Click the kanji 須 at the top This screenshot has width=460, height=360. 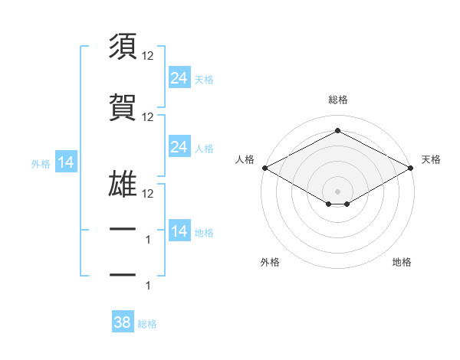pos(123,47)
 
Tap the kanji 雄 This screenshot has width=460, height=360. pos(123,184)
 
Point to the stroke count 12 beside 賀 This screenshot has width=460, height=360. pos(148,116)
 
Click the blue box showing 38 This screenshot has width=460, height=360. pos(123,322)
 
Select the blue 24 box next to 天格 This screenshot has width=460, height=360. pos(179,77)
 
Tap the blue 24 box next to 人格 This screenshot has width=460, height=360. pos(179,147)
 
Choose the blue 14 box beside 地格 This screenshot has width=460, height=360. pos(179,231)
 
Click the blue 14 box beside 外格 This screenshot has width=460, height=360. pos(65,162)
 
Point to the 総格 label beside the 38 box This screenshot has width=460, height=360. pos(147,324)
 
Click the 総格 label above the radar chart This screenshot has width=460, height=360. pos(337,100)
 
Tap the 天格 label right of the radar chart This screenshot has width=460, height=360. pos(431,159)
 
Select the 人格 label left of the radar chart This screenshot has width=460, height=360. pos(245,159)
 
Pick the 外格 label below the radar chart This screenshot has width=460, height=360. pos(270,262)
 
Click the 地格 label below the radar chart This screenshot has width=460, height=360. pos(402,262)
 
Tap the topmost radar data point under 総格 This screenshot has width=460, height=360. pos(337,131)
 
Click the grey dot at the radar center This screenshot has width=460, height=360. pos(337,190)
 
